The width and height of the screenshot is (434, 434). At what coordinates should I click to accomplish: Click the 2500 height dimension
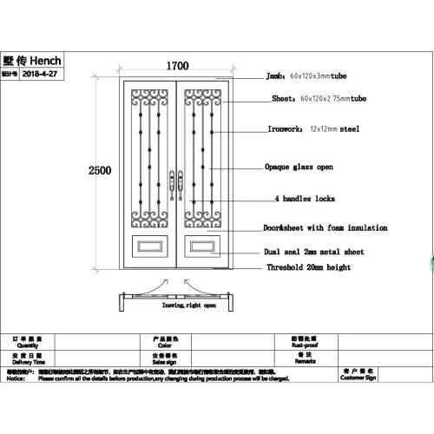point(100,171)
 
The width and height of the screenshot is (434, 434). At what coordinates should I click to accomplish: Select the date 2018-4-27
point(43,76)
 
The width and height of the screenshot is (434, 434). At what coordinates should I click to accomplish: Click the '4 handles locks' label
point(304,199)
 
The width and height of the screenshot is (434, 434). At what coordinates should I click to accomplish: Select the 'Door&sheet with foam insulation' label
point(325,227)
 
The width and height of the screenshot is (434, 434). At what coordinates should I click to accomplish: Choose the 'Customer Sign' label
point(358,378)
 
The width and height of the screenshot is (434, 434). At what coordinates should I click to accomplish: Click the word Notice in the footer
point(16,379)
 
